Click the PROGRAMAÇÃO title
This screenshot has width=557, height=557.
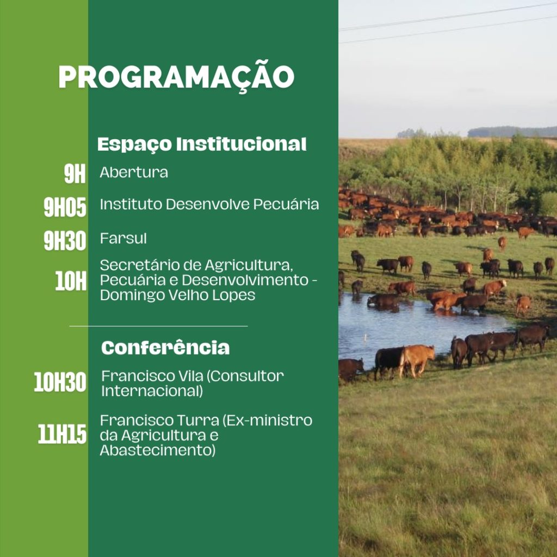(x=176, y=76)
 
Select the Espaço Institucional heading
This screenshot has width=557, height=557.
(x=202, y=144)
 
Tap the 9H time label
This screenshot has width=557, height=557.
(x=75, y=174)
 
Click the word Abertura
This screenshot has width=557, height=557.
(x=134, y=172)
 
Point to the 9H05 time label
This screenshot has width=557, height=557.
(x=65, y=207)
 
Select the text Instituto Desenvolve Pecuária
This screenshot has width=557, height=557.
(x=209, y=205)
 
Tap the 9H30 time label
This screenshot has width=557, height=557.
(x=65, y=241)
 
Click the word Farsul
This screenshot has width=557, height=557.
(x=123, y=238)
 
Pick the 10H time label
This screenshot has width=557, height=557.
(x=71, y=281)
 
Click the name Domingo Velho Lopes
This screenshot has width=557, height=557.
(x=178, y=295)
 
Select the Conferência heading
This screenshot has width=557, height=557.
(x=165, y=348)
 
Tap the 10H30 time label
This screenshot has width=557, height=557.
(x=60, y=382)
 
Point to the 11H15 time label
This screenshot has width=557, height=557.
(x=62, y=434)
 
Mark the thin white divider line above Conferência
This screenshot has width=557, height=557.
(x=158, y=326)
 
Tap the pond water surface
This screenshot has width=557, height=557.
(x=409, y=327)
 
